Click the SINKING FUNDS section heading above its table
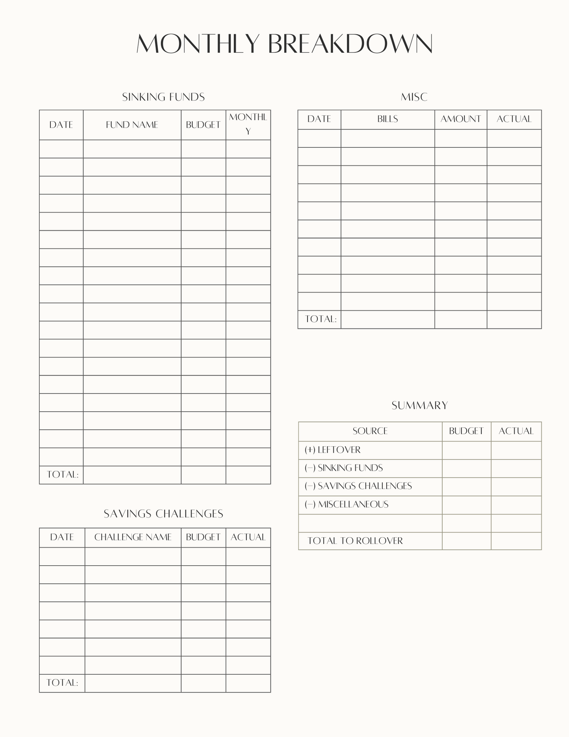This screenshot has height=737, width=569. click(x=163, y=97)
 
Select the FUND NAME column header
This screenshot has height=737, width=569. click(x=132, y=125)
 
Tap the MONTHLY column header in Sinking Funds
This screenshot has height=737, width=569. click(x=248, y=124)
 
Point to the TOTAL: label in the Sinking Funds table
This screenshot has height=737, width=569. click(x=62, y=475)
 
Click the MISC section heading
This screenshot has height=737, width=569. click(x=414, y=97)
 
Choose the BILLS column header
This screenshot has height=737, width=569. click(x=387, y=119)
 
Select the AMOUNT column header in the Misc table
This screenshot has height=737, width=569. click(x=461, y=119)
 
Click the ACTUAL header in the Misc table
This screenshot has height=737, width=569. click(x=514, y=119)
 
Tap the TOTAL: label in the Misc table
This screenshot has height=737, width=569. click(x=321, y=319)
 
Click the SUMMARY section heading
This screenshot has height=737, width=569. click(x=420, y=405)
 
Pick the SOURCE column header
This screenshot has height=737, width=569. click(x=370, y=431)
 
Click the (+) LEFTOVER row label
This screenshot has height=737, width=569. click(x=333, y=450)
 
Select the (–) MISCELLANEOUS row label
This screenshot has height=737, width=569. click(x=347, y=505)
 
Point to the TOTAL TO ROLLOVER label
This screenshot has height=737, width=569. click(x=355, y=541)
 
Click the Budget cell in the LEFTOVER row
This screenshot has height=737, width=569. click(x=466, y=450)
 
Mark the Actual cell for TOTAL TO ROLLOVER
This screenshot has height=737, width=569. click(x=516, y=541)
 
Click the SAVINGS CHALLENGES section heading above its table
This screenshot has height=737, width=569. click(x=163, y=514)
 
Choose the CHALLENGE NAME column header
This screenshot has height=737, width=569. click(x=133, y=537)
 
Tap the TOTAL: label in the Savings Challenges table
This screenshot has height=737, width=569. click(x=62, y=683)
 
